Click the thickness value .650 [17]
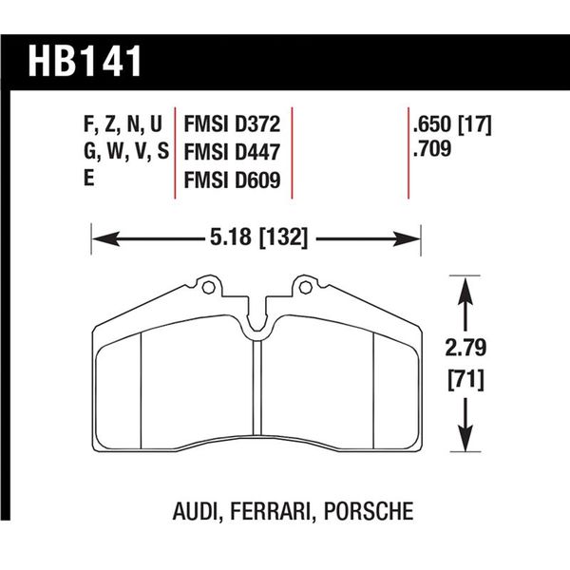click(x=451, y=125)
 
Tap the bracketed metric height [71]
click(x=464, y=382)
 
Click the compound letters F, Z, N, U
click(x=122, y=125)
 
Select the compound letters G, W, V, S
click(x=123, y=152)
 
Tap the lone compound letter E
click(x=90, y=179)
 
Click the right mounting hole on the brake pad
click(x=306, y=285)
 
